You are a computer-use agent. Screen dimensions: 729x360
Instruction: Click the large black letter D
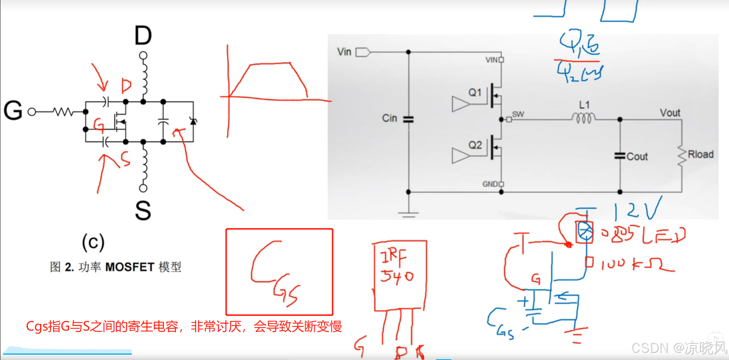(143, 36)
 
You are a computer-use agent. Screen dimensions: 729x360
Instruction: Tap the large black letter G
(13, 111)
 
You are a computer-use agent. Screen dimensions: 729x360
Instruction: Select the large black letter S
(143, 210)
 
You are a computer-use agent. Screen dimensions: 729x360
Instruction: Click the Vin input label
(344, 52)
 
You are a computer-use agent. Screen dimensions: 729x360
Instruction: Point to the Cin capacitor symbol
(408, 119)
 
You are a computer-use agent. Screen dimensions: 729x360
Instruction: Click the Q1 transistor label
(475, 93)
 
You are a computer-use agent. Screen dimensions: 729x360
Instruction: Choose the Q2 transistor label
(475, 145)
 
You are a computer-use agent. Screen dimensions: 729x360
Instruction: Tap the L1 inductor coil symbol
(584, 118)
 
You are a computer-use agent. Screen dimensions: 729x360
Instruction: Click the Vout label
(670, 113)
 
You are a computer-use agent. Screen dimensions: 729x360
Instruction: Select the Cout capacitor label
(637, 157)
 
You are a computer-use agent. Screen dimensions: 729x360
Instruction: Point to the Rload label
(700, 155)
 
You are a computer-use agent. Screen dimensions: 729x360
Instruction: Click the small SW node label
(518, 114)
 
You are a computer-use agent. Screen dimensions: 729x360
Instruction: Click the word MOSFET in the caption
(129, 267)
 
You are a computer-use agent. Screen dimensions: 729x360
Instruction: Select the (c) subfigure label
(93, 242)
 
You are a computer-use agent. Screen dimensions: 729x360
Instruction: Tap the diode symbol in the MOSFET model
(193, 121)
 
